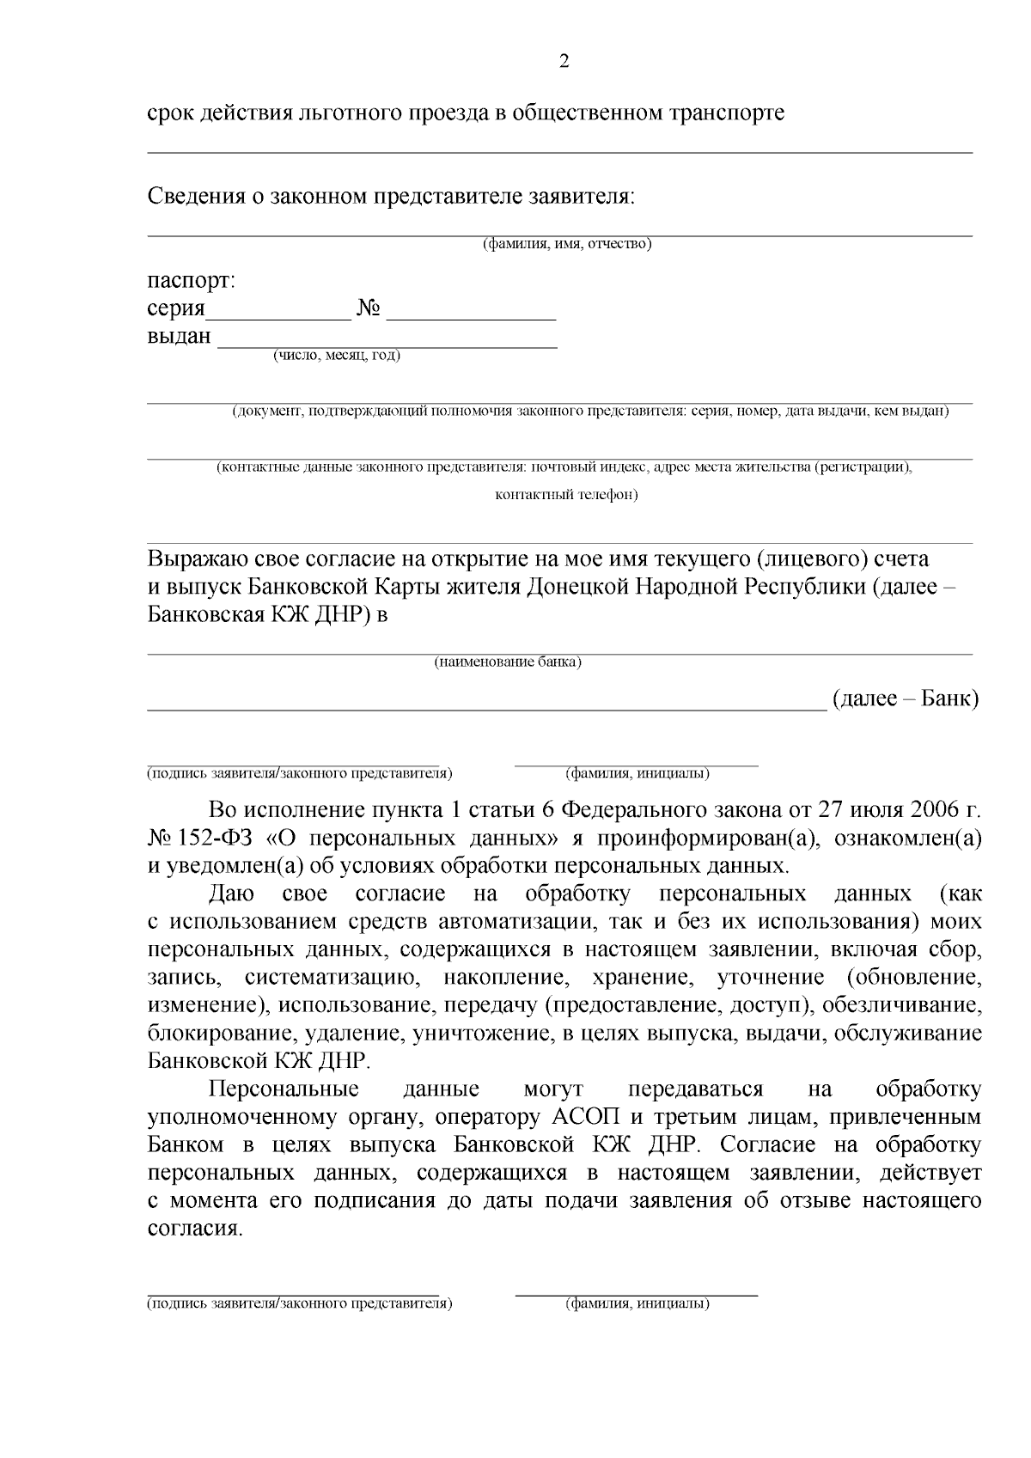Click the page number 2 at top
564,61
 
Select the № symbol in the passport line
369,308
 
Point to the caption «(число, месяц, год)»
337,356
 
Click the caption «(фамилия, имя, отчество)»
566,244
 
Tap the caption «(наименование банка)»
507,662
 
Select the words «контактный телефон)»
566,495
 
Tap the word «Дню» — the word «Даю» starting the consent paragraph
232,894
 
